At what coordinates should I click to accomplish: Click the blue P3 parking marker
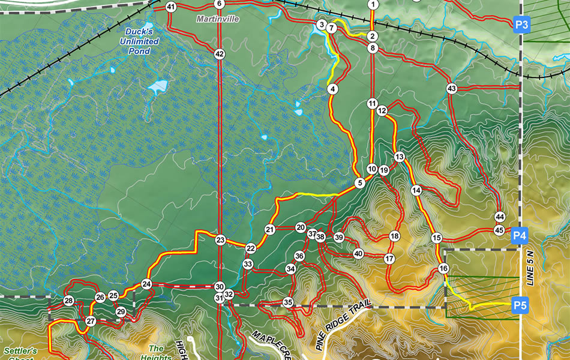tap(521, 25)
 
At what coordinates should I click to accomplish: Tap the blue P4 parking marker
tap(520, 236)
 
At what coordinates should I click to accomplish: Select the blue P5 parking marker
tap(520, 306)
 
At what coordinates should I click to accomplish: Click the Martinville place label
tap(218, 19)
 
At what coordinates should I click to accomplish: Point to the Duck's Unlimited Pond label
tap(142, 41)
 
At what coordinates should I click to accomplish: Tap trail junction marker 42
tap(220, 54)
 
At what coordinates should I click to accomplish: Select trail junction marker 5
tap(360, 184)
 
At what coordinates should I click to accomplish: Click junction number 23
tap(220, 241)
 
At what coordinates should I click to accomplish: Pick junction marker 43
tap(452, 89)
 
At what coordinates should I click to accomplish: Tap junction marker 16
tap(443, 268)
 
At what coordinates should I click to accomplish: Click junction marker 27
tap(91, 322)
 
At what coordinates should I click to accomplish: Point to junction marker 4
tap(332, 89)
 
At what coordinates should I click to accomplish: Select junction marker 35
tap(288, 302)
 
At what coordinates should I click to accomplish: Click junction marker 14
tap(416, 190)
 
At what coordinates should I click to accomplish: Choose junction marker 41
tap(171, 7)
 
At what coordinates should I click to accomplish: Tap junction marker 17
tap(389, 259)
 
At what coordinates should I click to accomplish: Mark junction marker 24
tap(146, 284)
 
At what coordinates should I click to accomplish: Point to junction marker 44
tap(499, 217)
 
